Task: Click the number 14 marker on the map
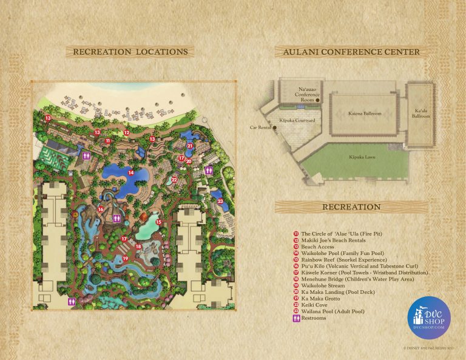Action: coord(130,173)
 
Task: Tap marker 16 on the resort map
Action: coord(101,209)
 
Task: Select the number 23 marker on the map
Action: coord(220,201)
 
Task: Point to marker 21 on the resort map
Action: coord(190,146)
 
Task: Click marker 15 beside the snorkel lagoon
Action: coord(158,222)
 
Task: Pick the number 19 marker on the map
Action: coord(126,259)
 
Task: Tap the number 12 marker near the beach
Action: coord(127,132)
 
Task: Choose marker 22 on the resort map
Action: coord(174,180)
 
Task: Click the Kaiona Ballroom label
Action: coord(365,114)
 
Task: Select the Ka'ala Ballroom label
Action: coord(421,114)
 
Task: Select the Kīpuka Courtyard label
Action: coord(297,121)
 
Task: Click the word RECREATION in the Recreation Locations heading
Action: coord(100,52)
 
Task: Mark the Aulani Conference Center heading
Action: coord(350,52)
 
